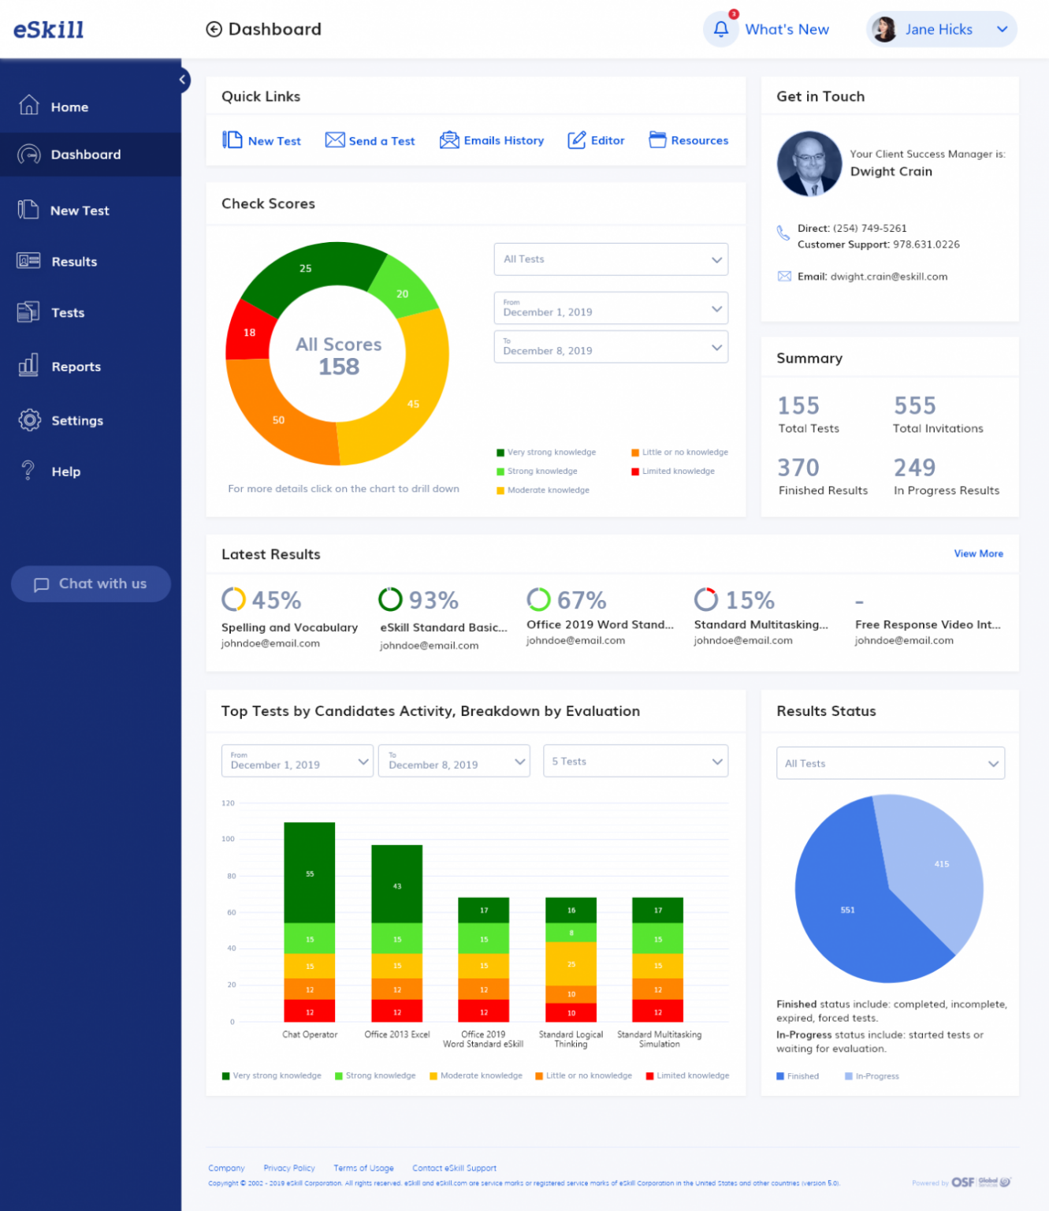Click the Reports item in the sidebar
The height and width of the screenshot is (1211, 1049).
pos(75,367)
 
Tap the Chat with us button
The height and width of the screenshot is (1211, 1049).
pos(91,584)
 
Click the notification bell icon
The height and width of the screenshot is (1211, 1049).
pos(720,30)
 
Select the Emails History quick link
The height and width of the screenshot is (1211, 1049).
pos(493,140)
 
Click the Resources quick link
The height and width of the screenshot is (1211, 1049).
pos(688,140)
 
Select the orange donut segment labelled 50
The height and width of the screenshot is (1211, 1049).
pos(278,419)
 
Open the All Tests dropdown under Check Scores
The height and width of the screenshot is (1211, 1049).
pos(610,259)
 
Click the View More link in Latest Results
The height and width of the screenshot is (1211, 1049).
pos(978,553)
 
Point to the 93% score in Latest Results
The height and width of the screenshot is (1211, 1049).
pos(433,601)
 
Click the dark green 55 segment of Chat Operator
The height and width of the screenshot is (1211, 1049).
pos(310,873)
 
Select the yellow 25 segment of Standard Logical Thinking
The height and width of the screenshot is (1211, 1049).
pos(571,963)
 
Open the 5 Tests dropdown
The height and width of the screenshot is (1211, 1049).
pos(635,762)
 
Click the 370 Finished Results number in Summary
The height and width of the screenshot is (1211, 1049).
pos(798,468)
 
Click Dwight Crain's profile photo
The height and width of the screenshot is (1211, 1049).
pos(809,164)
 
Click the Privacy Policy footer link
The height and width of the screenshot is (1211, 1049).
pos(289,1168)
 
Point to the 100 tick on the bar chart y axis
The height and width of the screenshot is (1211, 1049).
pos(229,839)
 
